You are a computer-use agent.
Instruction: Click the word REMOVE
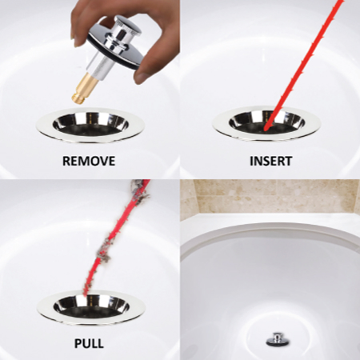click(89, 161)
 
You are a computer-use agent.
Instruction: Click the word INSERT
click(271, 161)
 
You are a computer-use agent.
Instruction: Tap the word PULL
click(89, 343)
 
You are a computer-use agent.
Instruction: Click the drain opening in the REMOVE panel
click(90, 125)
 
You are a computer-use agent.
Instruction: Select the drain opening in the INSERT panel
click(266, 124)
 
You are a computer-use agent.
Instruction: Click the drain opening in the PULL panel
click(91, 306)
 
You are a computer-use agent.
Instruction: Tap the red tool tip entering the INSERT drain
click(266, 130)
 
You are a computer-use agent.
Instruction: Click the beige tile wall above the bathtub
click(270, 197)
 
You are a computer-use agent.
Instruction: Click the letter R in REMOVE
click(66, 161)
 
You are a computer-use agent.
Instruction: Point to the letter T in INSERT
click(287, 161)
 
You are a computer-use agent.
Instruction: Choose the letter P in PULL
click(78, 343)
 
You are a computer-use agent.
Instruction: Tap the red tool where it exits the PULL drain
click(86, 293)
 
